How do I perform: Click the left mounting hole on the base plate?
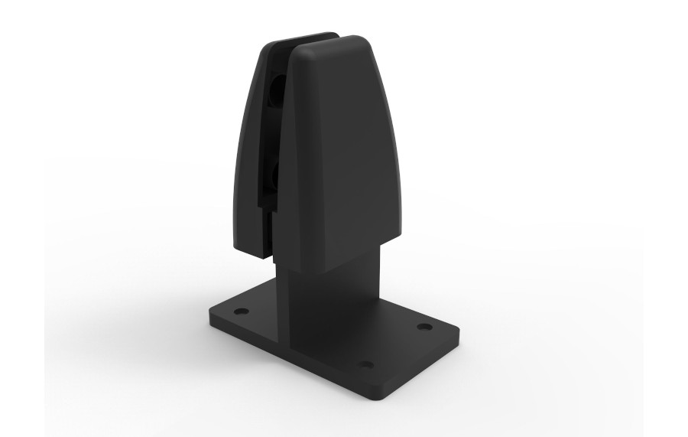(242, 312)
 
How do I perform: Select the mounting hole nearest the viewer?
(367, 364)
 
